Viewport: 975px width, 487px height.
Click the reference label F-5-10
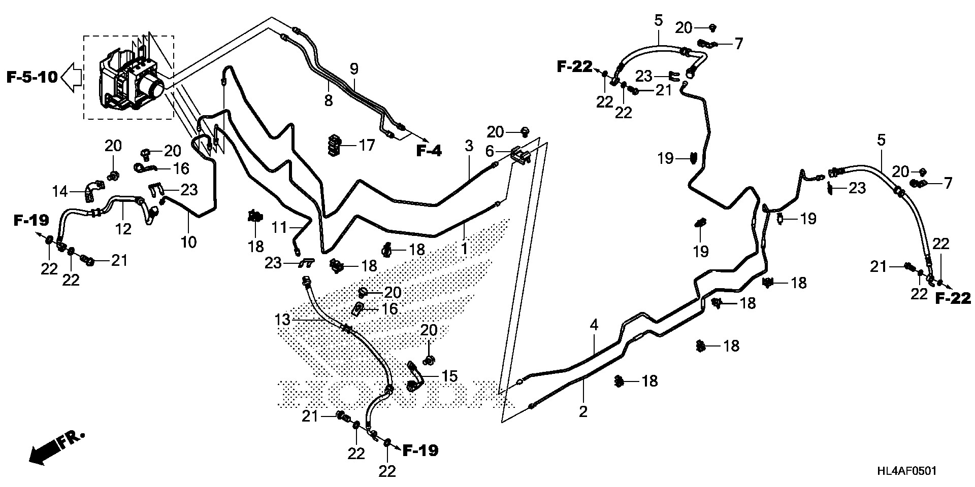click(31, 78)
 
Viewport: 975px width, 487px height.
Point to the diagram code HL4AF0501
click(907, 471)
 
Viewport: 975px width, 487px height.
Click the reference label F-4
click(429, 151)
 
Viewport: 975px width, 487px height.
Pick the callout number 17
click(366, 145)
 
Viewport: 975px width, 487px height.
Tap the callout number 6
click(489, 151)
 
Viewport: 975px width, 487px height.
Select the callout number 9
click(354, 67)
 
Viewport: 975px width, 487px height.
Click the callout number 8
click(329, 100)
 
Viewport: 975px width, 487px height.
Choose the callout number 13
click(282, 320)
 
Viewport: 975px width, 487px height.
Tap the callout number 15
click(449, 376)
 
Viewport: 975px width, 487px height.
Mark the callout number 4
click(594, 325)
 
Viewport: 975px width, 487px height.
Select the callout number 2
click(583, 411)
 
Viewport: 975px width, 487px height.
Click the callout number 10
click(188, 242)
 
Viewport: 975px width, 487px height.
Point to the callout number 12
click(123, 229)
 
